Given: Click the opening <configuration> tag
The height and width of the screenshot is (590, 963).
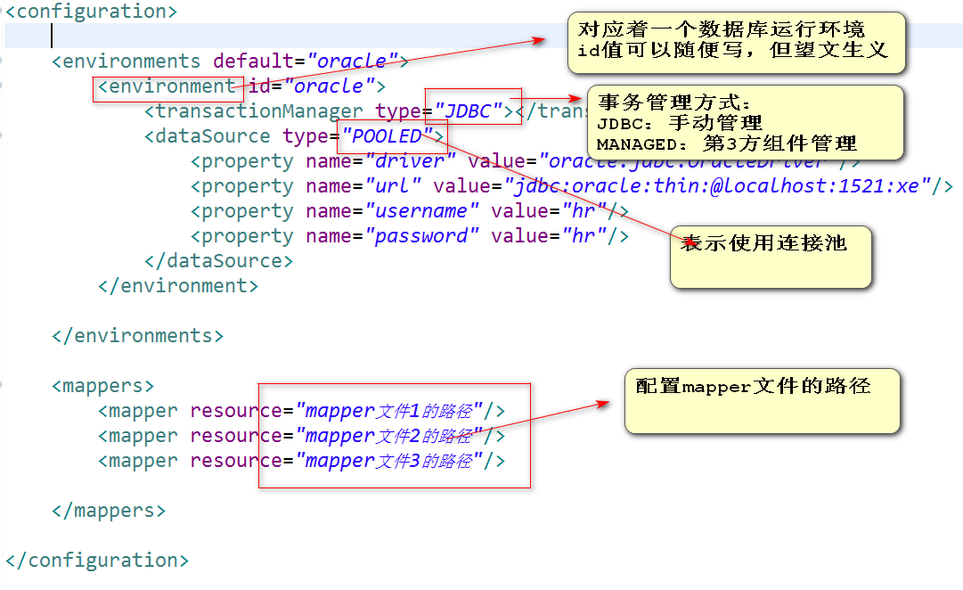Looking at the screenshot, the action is (x=92, y=12).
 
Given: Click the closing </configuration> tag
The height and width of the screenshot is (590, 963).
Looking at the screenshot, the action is (x=97, y=561).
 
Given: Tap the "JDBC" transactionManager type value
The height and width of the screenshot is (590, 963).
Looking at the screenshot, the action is (x=469, y=111).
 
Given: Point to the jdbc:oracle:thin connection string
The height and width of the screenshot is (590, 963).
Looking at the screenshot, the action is (x=725, y=186).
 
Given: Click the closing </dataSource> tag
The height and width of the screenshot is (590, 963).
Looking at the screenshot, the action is (x=218, y=261).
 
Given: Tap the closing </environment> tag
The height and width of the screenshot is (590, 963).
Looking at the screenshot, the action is (x=178, y=286).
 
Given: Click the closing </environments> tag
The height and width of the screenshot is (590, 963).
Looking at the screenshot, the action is (x=138, y=336).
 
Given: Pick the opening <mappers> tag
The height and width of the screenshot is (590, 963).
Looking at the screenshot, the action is (x=103, y=386).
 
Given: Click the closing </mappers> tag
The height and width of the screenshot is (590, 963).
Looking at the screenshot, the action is (x=109, y=511).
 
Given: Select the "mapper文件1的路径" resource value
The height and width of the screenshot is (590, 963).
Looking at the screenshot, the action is (x=388, y=411).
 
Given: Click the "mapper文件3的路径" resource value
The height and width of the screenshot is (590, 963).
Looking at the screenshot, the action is (x=388, y=461).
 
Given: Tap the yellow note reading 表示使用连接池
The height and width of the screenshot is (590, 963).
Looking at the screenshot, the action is (x=763, y=242).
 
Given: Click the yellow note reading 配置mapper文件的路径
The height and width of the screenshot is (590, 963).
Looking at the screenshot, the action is (x=754, y=386).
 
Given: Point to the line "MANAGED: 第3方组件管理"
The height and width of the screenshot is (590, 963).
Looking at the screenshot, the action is (x=727, y=143).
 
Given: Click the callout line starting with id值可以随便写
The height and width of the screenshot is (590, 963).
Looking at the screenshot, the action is (x=733, y=50).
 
